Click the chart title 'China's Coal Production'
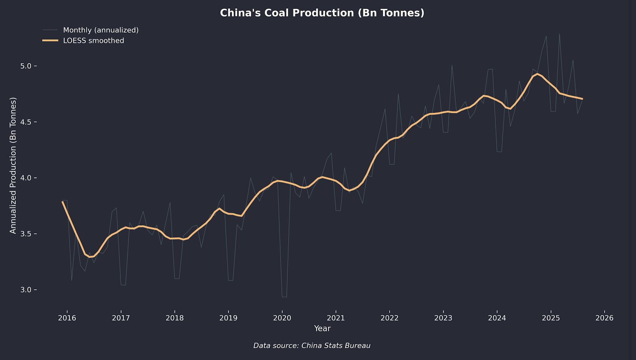point(322,13)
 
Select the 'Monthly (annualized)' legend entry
point(101,30)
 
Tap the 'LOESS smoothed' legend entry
point(93,41)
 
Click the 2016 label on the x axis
point(67,318)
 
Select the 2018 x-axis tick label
point(175,318)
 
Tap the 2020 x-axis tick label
point(282,318)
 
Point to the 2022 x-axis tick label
point(390,318)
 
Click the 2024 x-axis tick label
point(497,318)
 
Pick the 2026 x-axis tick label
point(605,318)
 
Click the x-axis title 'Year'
point(322,329)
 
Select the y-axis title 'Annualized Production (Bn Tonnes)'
point(13,165)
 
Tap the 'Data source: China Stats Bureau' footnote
point(312,346)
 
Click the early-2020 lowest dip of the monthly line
point(284,297)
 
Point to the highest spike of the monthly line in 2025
point(559,34)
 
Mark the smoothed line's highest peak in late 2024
point(537,74)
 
